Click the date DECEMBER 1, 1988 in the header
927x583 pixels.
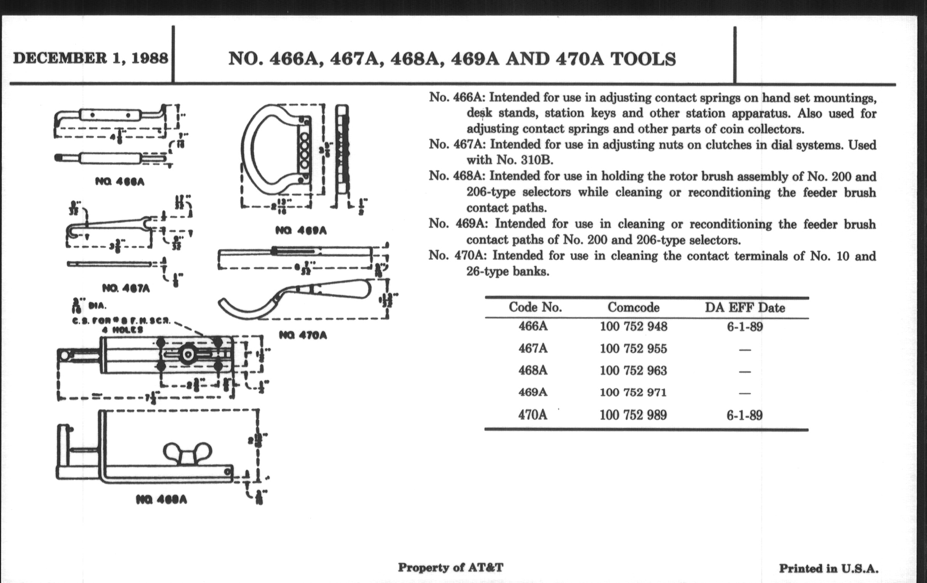90,59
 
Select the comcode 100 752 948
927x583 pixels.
633,327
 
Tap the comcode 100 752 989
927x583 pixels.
633,415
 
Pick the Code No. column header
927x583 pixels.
535,307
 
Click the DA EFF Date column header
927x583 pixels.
744,308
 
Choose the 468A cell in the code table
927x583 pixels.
533,371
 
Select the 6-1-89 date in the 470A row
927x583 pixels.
744,416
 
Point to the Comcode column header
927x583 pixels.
633,307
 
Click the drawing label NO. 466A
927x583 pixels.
120,182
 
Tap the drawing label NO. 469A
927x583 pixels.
301,231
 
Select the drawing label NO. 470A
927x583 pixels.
303,336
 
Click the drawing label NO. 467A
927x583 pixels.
126,288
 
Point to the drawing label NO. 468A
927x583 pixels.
162,500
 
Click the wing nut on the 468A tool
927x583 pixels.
188,454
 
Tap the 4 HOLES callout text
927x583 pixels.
122,330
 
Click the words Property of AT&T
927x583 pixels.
451,567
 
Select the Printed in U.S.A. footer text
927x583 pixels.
828,569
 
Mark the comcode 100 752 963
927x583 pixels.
633,371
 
